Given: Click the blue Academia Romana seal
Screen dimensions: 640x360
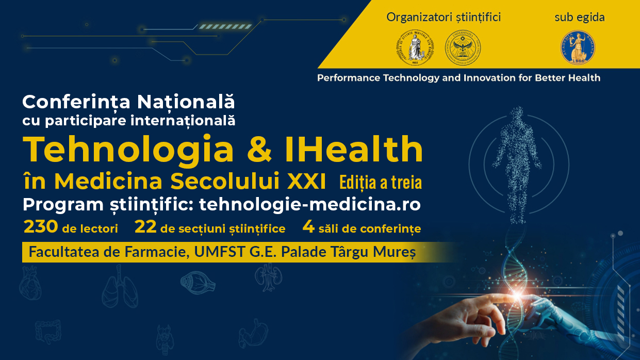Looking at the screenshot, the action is pyautogui.click(x=578, y=47).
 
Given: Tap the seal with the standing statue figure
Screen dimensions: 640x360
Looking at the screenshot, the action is pyautogui.click(x=415, y=47).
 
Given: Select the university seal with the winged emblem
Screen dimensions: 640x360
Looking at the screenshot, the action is pyautogui.click(x=463, y=47).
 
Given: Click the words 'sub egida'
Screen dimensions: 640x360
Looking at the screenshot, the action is pyautogui.click(x=580, y=18).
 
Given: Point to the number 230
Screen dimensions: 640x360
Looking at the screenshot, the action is pyautogui.click(x=41, y=227).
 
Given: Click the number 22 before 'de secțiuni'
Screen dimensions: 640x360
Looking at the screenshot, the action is pyautogui.click(x=145, y=227).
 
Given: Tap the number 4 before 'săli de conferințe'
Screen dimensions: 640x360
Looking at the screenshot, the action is pyautogui.click(x=308, y=227).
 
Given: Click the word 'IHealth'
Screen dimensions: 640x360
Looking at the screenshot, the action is pyautogui.click(x=354, y=149).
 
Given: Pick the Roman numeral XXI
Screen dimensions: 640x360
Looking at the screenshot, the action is pyautogui.click(x=306, y=181).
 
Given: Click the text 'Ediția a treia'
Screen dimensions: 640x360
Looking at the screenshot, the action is pyautogui.click(x=381, y=182).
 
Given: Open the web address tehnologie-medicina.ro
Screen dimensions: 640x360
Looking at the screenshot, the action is pyautogui.click(x=310, y=205).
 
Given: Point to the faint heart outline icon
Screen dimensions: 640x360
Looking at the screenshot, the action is pyautogui.click(x=30, y=282).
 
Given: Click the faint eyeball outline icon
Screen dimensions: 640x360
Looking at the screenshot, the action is pyautogui.click(x=198, y=283).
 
